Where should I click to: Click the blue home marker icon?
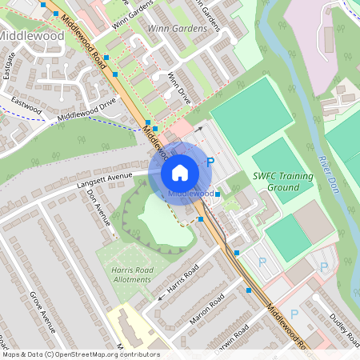(x=180, y=172)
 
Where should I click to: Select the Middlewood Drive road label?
(x=86, y=110)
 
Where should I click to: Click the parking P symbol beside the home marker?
(x=210, y=162)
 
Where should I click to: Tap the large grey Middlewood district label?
(x=31, y=36)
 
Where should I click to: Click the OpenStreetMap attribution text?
(x=80, y=354)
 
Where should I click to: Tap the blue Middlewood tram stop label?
(x=190, y=194)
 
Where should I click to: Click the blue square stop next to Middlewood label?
(x=218, y=194)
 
